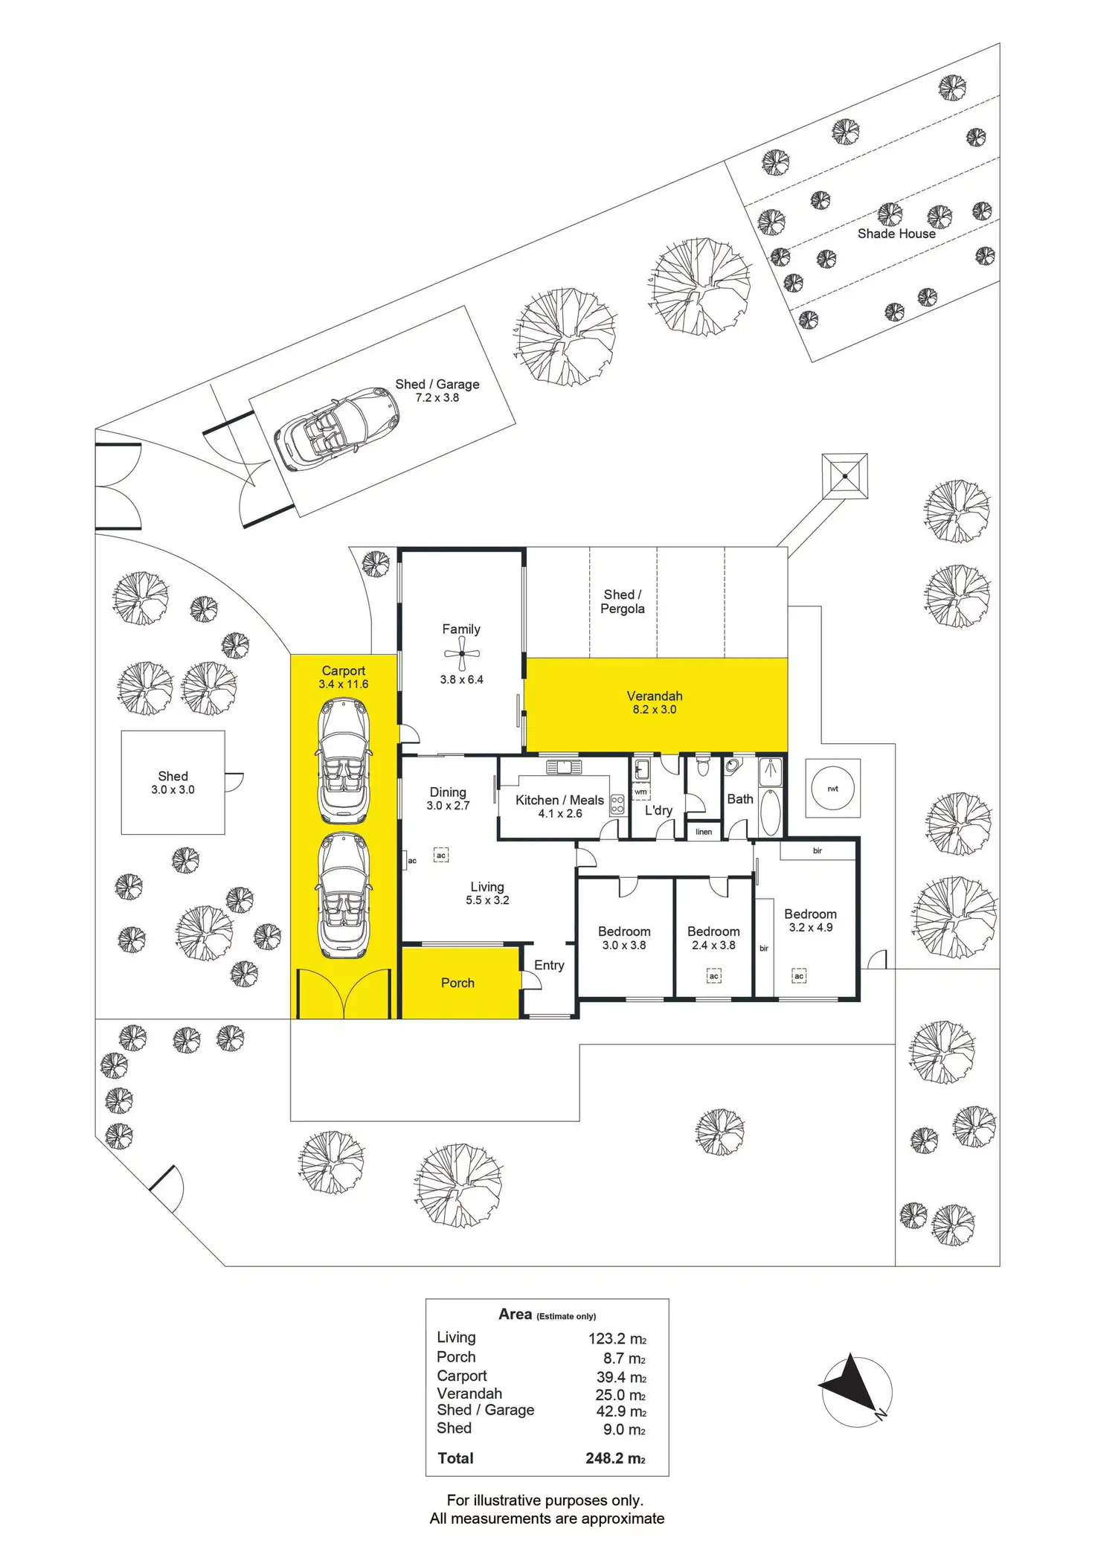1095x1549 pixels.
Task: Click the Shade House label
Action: [896, 234]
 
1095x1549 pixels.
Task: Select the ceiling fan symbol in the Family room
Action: [462, 654]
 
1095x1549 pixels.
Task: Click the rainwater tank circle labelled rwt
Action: [832, 788]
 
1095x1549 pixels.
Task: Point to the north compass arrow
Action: [853, 1387]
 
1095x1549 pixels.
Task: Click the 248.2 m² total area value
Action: [615, 1458]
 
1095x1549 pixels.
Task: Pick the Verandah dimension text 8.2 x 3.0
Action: [655, 710]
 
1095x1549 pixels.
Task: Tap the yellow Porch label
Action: [457, 983]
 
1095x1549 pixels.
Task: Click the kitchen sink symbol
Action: [564, 767]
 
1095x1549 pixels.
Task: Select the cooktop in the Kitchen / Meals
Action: [617, 804]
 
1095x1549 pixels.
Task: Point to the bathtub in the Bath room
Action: [770, 812]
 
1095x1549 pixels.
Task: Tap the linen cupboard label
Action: [704, 832]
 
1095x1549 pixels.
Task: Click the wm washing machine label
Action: [640, 792]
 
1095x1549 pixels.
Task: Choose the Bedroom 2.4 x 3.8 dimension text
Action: [713, 946]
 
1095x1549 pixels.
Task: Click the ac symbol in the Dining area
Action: [441, 856]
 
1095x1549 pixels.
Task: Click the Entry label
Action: [549, 965]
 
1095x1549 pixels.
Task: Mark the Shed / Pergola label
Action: [623, 602]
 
